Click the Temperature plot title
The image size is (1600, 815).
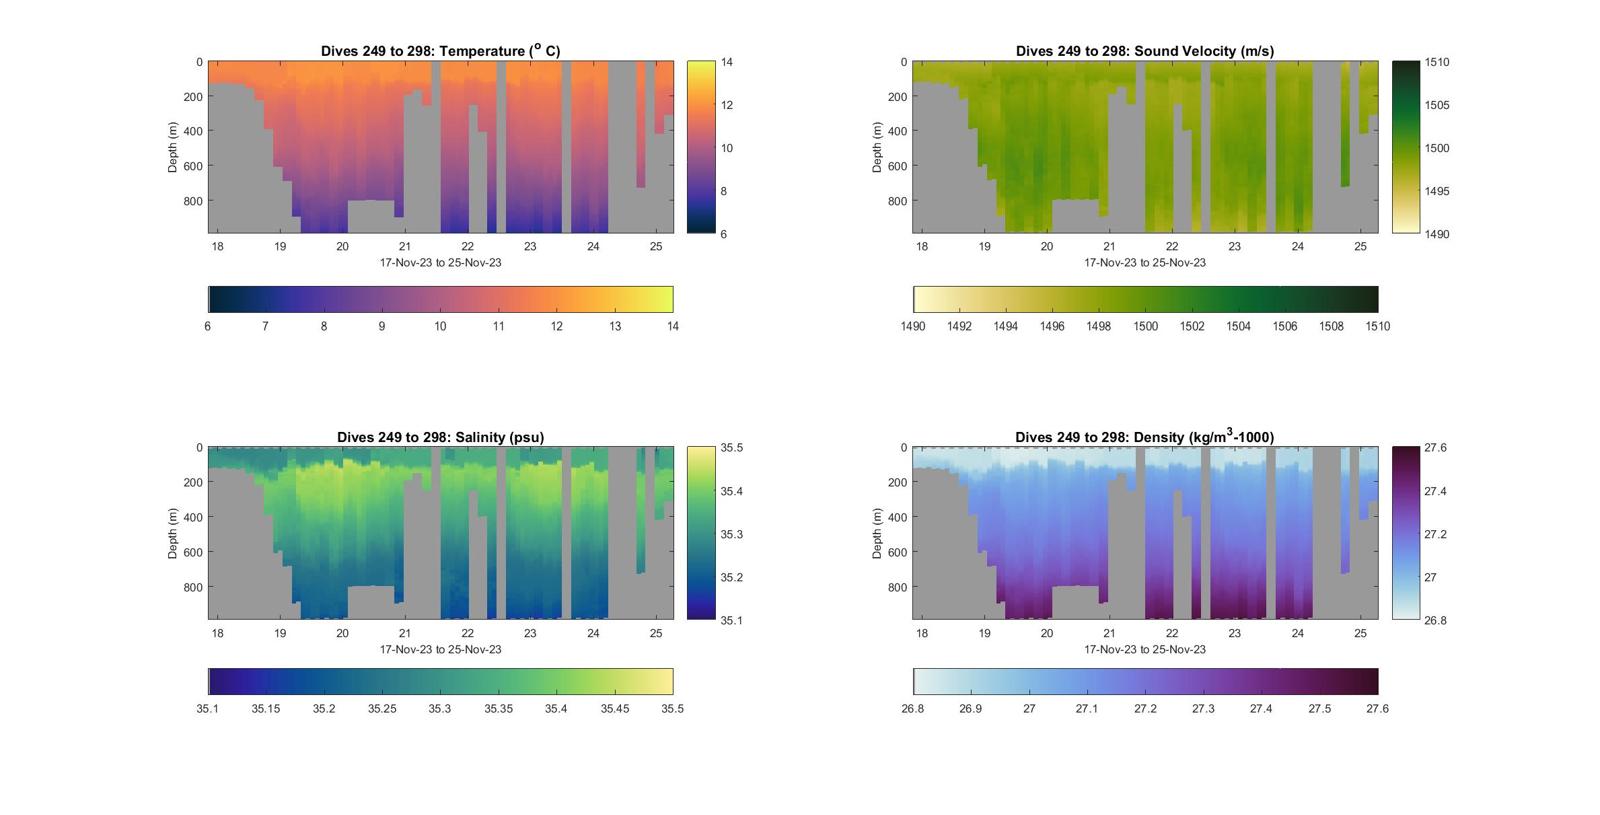coord(440,50)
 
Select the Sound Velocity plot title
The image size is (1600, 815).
coord(1144,51)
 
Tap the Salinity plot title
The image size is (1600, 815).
coord(440,437)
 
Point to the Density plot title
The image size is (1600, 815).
coord(1144,437)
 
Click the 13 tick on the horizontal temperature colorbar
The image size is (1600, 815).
coord(615,326)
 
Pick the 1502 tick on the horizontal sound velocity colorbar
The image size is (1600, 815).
coord(1192,326)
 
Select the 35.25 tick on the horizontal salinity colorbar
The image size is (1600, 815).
coord(382,709)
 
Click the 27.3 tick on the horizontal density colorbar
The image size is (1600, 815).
coord(1203,709)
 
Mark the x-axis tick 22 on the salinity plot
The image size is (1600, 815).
coord(467,633)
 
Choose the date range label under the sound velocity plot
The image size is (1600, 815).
coord(1144,263)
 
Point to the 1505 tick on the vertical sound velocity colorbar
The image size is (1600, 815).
coord(1436,105)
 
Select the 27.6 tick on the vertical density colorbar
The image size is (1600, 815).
coord(1435,448)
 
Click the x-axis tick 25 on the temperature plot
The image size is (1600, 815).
coord(655,246)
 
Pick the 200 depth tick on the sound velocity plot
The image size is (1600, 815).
coord(897,97)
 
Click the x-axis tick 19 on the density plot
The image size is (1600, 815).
coord(984,633)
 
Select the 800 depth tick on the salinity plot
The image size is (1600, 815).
coord(192,587)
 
